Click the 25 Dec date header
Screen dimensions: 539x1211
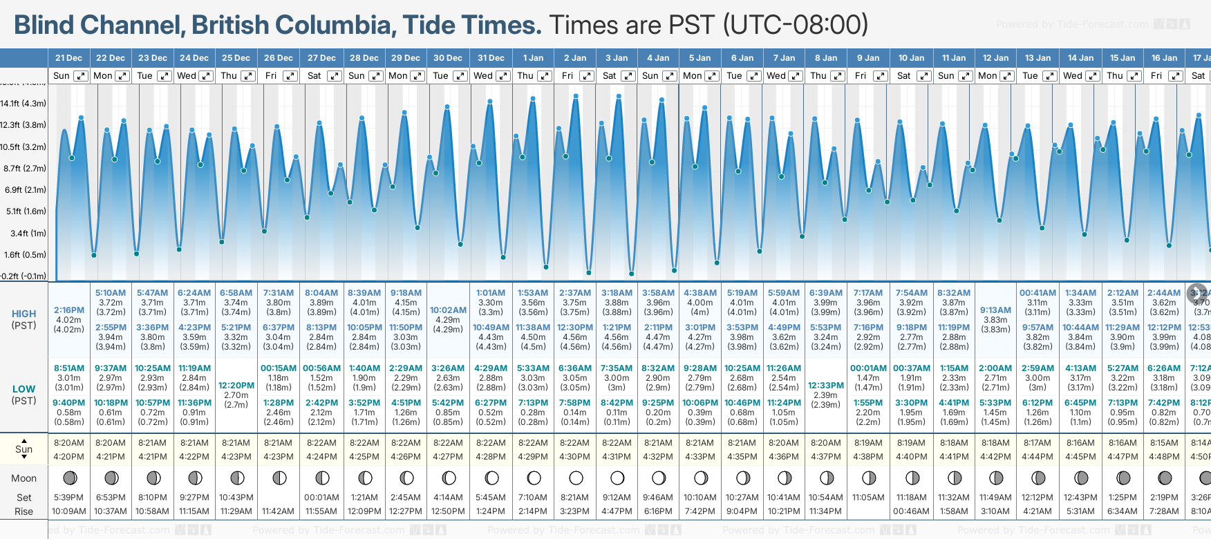[x=236, y=58]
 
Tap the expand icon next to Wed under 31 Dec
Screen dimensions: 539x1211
[x=503, y=76]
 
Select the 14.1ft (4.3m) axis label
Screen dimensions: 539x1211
[x=24, y=104]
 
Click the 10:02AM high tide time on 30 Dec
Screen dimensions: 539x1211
[x=448, y=310]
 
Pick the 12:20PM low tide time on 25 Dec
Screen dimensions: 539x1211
[x=236, y=386]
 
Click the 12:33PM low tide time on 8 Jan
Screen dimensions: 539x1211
[x=826, y=386]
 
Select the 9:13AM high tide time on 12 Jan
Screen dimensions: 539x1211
[x=995, y=310]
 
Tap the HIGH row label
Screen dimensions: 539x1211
[x=24, y=314]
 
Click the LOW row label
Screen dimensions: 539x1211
[x=24, y=389]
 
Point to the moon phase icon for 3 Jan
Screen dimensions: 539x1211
[x=617, y=478]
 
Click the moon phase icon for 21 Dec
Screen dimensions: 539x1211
[x=69, y=478]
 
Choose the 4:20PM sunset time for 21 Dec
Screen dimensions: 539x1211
[x=68, y=457]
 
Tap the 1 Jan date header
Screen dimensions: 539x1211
[x=533, y=58]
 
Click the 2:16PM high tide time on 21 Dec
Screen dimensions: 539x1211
[x=68, y=310]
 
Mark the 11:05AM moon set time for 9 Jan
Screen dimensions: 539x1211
[x=868, y=498]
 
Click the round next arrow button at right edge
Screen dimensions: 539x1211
[x=1197, y=293]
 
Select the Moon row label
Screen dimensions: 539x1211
[x=24, y=478]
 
